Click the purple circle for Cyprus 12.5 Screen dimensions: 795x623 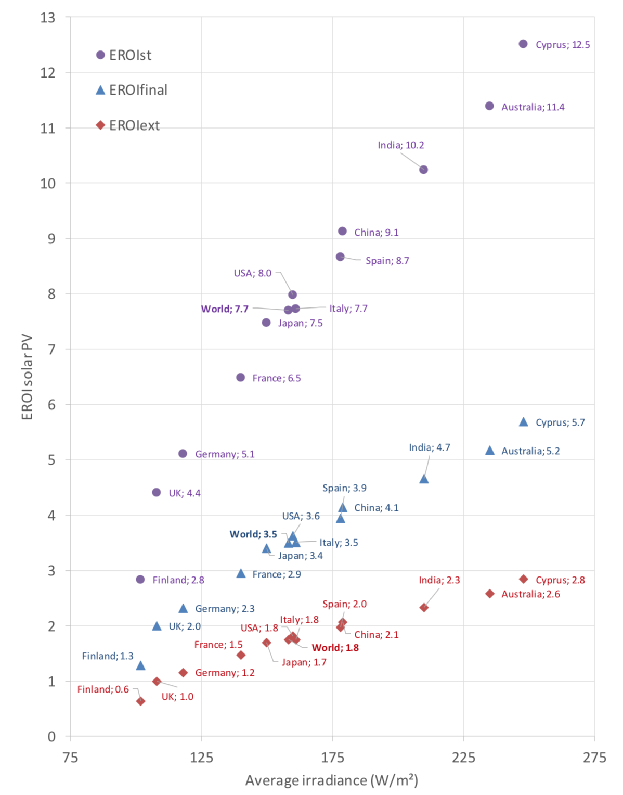pos(523,44)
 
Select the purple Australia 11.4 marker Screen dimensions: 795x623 pos(489,106)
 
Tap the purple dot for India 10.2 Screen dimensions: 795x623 pos(423,170)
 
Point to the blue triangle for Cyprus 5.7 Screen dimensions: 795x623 pos(524,422)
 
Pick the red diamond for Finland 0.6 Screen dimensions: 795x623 pos(140,701)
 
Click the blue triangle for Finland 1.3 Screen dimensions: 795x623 pos(140,665)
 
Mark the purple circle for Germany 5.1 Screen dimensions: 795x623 pos(183,454)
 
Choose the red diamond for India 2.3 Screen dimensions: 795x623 pos(424,608)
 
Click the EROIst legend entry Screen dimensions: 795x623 pos(124,55)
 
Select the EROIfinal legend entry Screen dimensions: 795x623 pos(132,90)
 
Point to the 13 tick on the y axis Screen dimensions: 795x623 pos(48,18)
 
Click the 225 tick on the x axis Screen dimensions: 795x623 pos(463,757)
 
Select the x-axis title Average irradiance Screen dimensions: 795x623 pos(332,780)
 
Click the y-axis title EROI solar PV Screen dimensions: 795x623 pos(27,377)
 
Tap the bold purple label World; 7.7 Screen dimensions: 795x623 pos(225,309)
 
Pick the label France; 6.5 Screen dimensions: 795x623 pos(277,378)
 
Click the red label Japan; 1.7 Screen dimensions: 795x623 pos(304,662)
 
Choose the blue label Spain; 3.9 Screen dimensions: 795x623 pos(344,488)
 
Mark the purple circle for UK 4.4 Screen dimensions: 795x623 pos(157,492)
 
